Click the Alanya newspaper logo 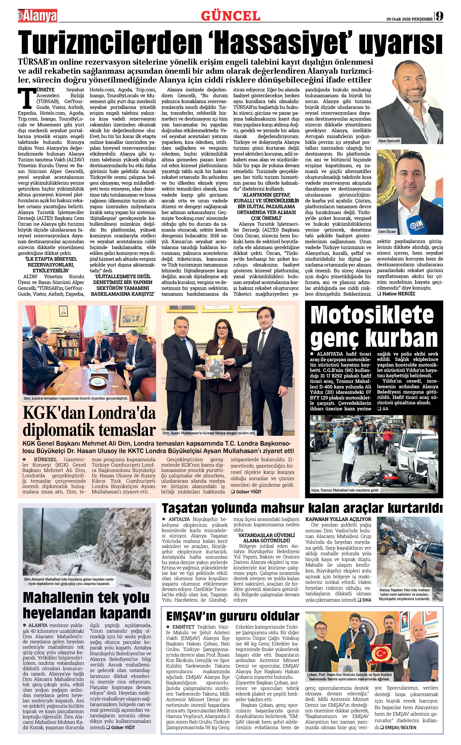pos(38,16)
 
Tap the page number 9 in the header pos(439,16)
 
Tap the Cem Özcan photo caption pos(387,232)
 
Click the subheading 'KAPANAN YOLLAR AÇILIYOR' pos(338,519)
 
